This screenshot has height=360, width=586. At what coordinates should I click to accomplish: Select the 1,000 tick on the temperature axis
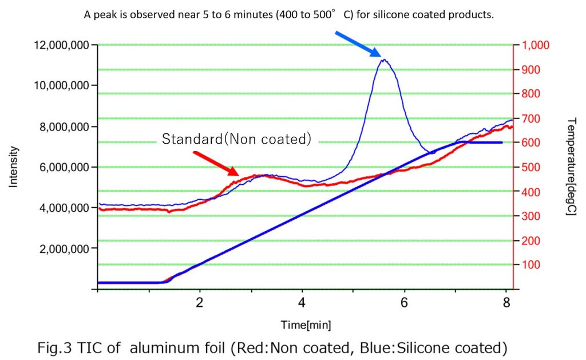(x=533, y=45)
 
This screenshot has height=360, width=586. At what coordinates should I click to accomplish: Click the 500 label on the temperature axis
(x=529, y=168)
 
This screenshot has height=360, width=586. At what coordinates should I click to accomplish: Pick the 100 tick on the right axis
(x=529, y=265)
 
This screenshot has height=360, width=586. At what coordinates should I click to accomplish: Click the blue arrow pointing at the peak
(x=358, y=43)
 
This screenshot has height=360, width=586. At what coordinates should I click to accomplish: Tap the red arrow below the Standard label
(x=216, y=163)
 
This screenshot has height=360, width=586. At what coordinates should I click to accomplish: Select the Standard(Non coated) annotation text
(x=236, y=139)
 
